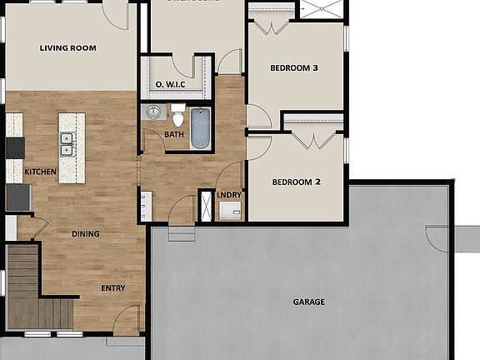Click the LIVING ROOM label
pyautogui.click(x=68, y=48)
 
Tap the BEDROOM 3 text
pyautogui.click(x=294, y=69)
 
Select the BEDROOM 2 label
pyautogui.click(x=295, y=182)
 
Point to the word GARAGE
pyautogui.click(x=308, y=302)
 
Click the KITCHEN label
pyautogui.click(x=40, y=172)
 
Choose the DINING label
pyautogui.click(x=85, y=234)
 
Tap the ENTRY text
pyautogui.click(x=113, y=288)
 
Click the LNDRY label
pyautogui.click(x=229, y=196)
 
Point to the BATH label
pyautogui.click(x=174, y=134)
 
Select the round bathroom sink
pyautogui.click(x=152, y=112)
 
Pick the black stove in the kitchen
pyautogui.click(x=14, y=147)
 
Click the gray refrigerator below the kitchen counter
pyautogui.click(x=17, y=197)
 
